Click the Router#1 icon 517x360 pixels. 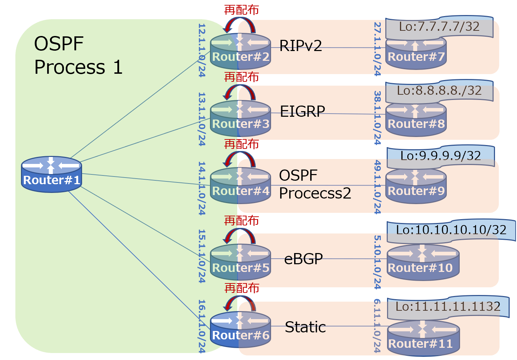(x=51, y=174)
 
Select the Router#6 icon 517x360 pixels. (x=240, y=329)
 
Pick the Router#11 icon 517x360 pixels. (x=423, y=338)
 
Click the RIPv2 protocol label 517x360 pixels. (x=300, y=46)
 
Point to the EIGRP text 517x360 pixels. (x=303, y=111)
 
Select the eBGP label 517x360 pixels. (x=303, y=259)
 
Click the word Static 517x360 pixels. (x=305, y=327)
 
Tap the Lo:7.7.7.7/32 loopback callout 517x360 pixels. (x=439, y=27)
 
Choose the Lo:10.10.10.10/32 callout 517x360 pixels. (x=451, y=230)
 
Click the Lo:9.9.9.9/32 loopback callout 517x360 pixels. (x=440, y=156)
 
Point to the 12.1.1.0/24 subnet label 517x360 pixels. (x=202, y=50)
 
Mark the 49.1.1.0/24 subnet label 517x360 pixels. (x=377, y=187)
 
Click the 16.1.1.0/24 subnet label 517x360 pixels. (x=202, y=326)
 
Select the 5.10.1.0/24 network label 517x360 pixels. (x=377, y=262)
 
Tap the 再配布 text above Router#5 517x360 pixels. (x=241, y=221)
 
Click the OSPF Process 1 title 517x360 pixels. (x=78, y=55)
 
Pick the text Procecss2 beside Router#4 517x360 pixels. (x=315, y=193)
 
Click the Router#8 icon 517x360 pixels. (x=416, y=119)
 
